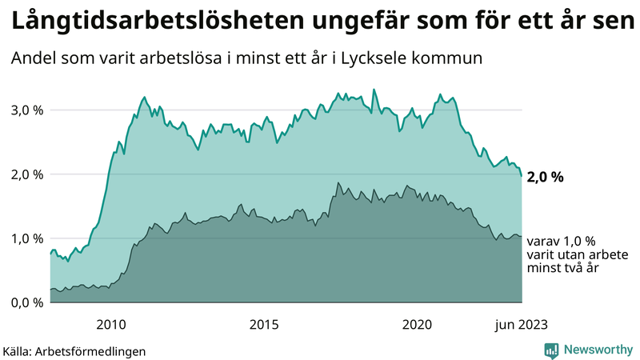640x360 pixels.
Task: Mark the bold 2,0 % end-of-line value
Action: click(x=545, y=178)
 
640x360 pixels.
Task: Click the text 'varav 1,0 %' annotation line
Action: click(x=561, y=241)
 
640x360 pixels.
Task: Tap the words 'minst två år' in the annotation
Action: click(x=563, y=268)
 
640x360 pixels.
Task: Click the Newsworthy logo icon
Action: click(x=552, y=350)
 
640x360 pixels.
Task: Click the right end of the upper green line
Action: click(x=522, y=175)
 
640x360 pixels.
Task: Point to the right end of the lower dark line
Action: click(x=522, y=236)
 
